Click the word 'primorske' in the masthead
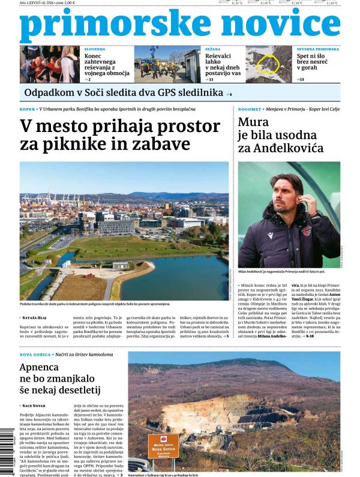[96, 25]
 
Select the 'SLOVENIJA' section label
[95, 49]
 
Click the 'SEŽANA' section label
[213, 49]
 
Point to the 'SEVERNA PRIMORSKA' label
[317, 49]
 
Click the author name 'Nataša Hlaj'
[38, 316]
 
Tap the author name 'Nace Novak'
[37, 406]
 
